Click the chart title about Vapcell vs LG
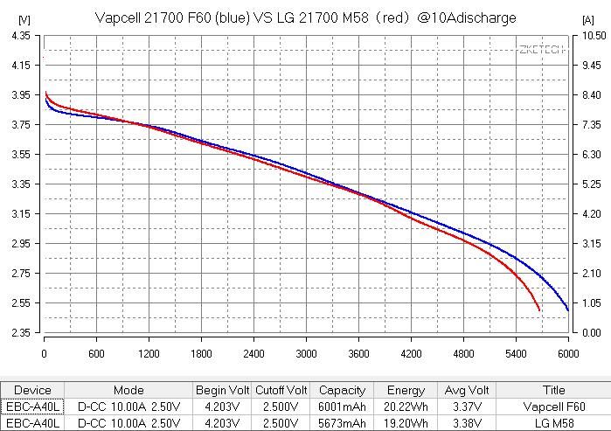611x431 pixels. pyautogui.click(x=304, y=17)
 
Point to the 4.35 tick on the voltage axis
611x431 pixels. pyautogui.click(x=19, y=36)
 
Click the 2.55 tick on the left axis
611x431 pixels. pyautogui.click(x=19, y=303)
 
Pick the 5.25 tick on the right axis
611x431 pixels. pyautogui.click(x=591, y=184)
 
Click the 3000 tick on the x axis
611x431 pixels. pyautogui.click(x=306, y=354)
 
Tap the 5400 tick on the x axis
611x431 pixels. pyautogui.click(x=516, y=354)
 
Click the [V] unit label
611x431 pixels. pyautogui.click(x=24, y=18)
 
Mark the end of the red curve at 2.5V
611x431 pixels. pyautogui.click(x=539, y=310)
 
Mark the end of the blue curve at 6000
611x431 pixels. pyautogui.click(x=568, y=310)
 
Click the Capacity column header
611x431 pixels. pyautogui.click(x=342, y=391)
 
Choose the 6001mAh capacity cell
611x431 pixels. pyautogui.click(x=342, y=407)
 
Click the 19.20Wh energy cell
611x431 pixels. pyautogui.click(x=406, y=422)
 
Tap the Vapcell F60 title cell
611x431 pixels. pyautogui.click(x=554, y=407)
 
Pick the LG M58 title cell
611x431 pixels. pyautogui.click(x=554, y=422)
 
